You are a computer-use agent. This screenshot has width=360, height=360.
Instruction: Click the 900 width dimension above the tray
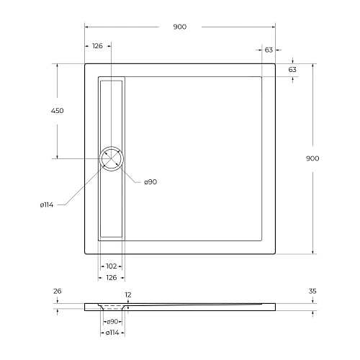(179, 27)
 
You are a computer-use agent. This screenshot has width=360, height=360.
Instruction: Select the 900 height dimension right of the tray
(312, 158)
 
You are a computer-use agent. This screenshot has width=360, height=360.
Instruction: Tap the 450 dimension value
(57, 111)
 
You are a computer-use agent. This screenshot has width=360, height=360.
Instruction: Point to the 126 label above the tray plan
(97, 47)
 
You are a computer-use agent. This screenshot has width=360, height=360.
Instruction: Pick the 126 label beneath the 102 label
(111, 276)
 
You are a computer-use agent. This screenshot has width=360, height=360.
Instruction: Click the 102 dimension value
(111, 266)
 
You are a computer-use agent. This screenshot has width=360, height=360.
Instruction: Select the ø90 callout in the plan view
(150, 182)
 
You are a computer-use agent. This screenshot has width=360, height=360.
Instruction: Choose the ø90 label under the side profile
(112, 323)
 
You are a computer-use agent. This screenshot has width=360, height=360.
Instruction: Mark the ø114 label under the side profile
(112, 333)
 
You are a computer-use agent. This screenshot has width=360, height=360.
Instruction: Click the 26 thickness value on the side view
(57, 292)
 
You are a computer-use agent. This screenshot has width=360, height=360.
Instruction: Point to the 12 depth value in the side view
(127, 294)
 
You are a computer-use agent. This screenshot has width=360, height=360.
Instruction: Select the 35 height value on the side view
(312, 292)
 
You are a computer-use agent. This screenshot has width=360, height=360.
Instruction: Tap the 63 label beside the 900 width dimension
(269, 50)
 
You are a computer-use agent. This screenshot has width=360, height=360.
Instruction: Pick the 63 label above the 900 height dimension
(292, 70)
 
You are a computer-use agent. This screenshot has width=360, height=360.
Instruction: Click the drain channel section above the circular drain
(112, 112)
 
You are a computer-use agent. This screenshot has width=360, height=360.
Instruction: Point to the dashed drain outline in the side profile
(112, 307)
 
